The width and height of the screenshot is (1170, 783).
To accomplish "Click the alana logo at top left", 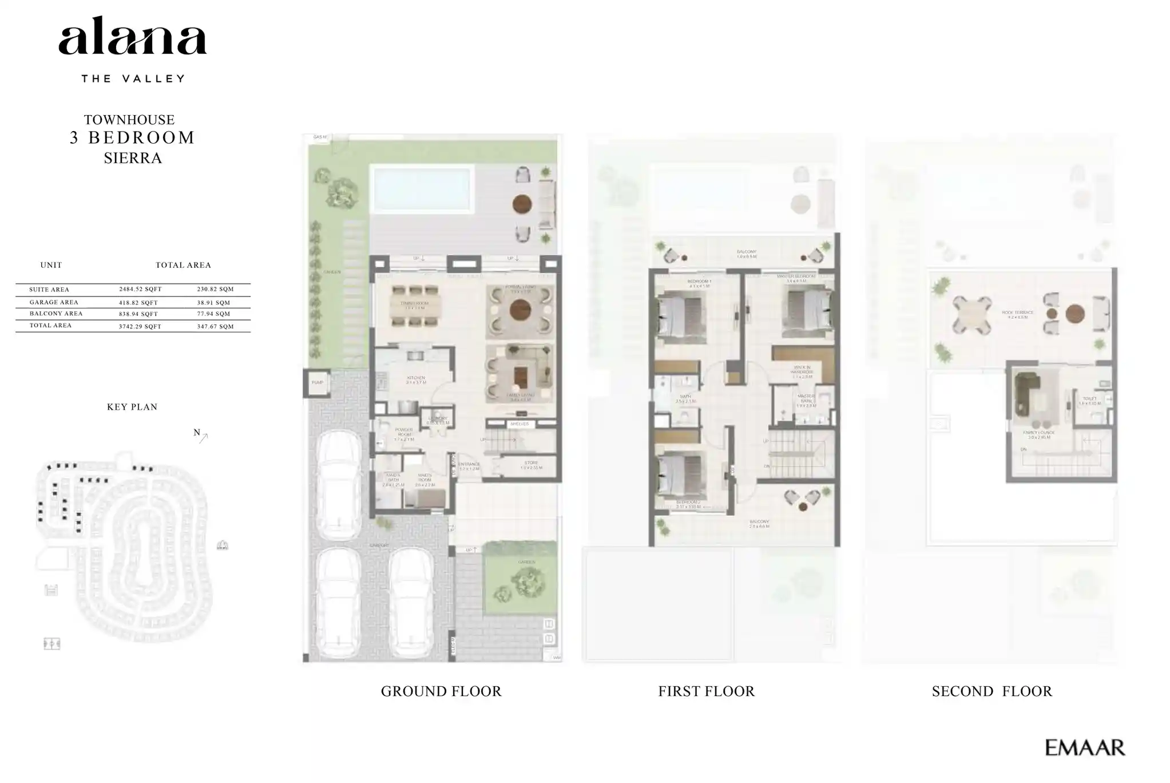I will pyautogui.click(x=132, y=37).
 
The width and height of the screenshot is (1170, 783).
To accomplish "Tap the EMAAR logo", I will pyautogui.click(x=1084, y=748).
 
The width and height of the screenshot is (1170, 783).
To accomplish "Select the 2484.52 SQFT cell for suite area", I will pyautogui.click(x=140, y=290).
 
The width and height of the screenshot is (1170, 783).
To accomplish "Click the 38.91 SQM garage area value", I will pyautogui.click(x=214, y=302).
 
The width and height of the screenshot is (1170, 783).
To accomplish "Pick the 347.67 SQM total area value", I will pyautogui.click(x=215, y=326).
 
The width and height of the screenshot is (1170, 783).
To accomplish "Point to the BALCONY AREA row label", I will pyautogui.click(x=56, y=314).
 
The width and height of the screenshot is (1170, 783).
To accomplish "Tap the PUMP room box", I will pyautogui.click(x=317, y=383).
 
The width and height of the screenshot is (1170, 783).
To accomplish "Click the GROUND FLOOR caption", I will pyautogui.click(x=441, y=691).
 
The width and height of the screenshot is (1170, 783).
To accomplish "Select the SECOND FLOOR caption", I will pyautogui.click(x=991, y=691).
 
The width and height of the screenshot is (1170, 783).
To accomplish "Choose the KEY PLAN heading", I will pyautogui.click(x=132, y=407).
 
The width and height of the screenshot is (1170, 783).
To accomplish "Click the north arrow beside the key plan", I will pyautogui.click(x=201, y=436).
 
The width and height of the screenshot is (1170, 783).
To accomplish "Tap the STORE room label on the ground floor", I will pyautogui.click(x=531, y=464).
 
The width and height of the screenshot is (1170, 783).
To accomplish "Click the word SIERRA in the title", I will pyautogui.click(x=133, y=158).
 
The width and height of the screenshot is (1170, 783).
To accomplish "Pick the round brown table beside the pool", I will pyautogui.click(x=522, y=204).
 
